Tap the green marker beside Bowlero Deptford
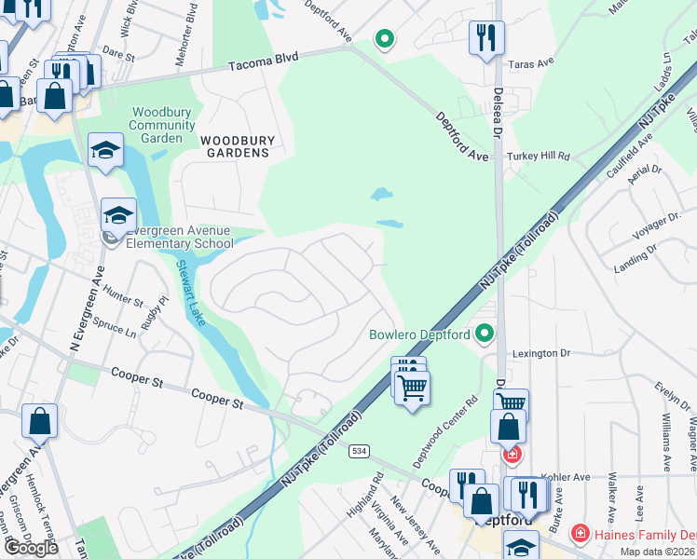pyautogui.click(x=485, y=333)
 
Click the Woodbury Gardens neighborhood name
pyautogui.click(x=239, y=146)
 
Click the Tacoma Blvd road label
pyautogui.click(x=264, y=60)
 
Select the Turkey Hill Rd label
pyautogui.click(x=539, y=157)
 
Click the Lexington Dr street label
pyautogui.click(x=540, y=354)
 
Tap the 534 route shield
pyautogui.click(x=360, y=451)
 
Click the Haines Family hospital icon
pyautogui.click(x=580, y=534)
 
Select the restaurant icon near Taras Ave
pyautogui.click(x=486, y=38)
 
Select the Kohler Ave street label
pyautogui.click(x=569, y=477)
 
